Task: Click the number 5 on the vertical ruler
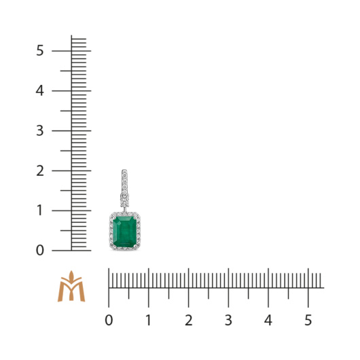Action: pyautogui.click(x=39, y=50)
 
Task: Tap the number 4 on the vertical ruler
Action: pyautogui.click(x=39, y=90)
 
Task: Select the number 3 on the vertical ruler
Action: pyautogui.click(x=39, y=130)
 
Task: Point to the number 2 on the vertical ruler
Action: pyautogui.click(x=40, y=170)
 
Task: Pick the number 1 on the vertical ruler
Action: pyautogui.click(x=39, y=211)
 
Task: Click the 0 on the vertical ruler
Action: pyautogui.click(x=39, y=250)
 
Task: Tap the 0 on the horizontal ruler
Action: pyautogui.click(x=109, y=320)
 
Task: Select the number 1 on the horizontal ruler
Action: pyautogui.click(x=149, y=320)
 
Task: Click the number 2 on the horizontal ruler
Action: pyautogui.click(x=189, y=320)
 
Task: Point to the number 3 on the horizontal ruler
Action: pyautogui.click(x=228, y=320)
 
